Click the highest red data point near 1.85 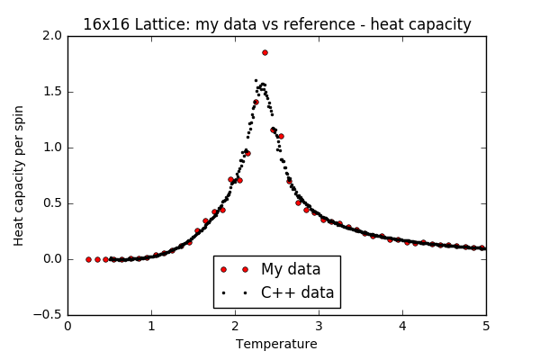point(265,52)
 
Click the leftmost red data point point(88,259)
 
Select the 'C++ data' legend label point(297,292)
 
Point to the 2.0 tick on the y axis point(52,36)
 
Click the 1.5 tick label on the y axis point(52,92)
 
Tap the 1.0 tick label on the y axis point(52,148)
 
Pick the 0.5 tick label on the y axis point(52,203)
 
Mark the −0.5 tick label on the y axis point(49,315)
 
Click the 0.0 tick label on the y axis point(52,259)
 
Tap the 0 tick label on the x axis point(67,327)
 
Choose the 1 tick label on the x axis point(151,327)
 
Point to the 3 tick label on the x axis point(319,327)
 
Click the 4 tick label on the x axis point(402,327)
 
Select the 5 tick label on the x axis point(486,327)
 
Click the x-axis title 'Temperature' point(276,344)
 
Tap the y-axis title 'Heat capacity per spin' point(19,175)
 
